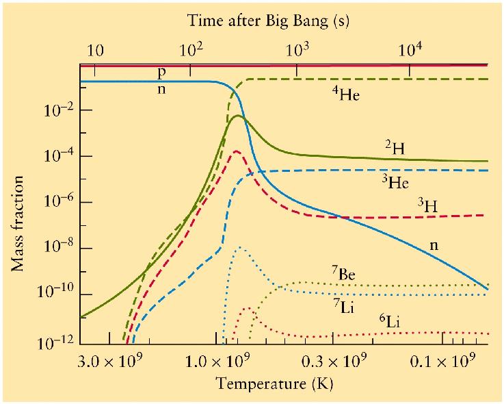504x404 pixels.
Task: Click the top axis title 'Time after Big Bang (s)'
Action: pyautogui.click(x=268, y=21)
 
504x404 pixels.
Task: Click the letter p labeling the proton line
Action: pyautogui.click(x=161, y=71)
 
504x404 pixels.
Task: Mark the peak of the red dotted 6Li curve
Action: pyautogui.click(x=247, y=308)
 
